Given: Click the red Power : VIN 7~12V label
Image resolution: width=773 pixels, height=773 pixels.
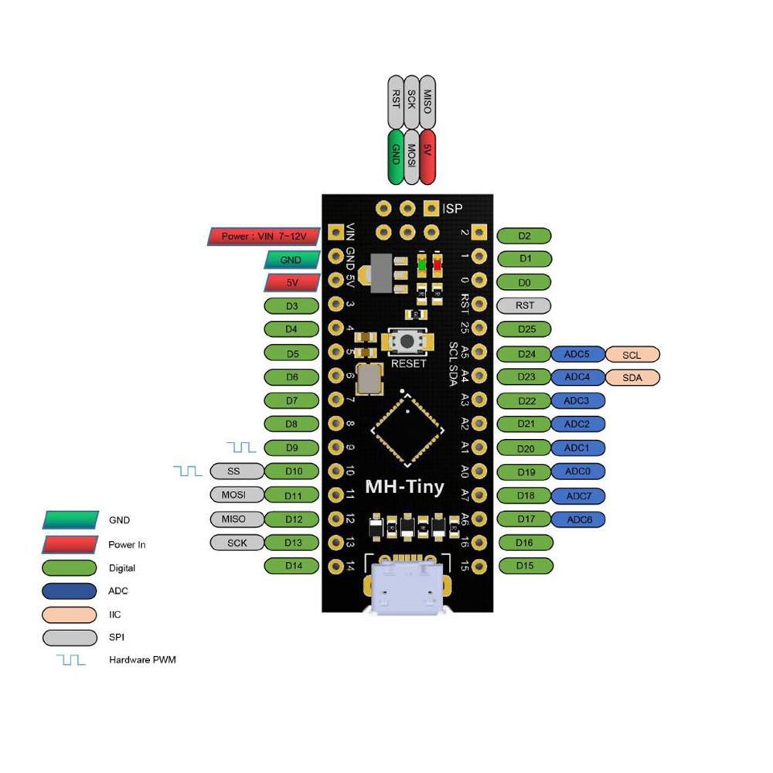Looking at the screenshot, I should coord(264,236).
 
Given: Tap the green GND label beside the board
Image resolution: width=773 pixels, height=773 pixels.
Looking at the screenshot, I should coord(292,260).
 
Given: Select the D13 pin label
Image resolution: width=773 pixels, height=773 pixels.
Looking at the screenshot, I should coord(292,543).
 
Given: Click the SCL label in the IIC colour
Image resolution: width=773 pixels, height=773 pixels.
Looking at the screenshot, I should coord(632,355).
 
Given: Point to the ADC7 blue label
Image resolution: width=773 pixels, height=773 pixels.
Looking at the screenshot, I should coord(578,495).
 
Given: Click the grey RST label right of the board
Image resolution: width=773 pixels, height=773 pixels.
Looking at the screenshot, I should coord(524,305).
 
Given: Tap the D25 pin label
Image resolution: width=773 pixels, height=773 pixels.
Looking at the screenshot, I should coord(524,329).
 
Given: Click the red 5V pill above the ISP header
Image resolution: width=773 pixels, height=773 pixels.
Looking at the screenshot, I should coord(427,156).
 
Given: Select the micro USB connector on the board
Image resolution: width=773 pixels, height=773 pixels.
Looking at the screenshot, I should coord(406,587).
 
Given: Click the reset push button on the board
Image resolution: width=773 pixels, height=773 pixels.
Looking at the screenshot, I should coord(407,340).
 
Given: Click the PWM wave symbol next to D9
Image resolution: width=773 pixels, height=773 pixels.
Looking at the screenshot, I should coord(241,448).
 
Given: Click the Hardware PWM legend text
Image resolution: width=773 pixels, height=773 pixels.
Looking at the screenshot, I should coord(143,660).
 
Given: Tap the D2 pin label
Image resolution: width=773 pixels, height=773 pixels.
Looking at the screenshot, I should coord(524,236).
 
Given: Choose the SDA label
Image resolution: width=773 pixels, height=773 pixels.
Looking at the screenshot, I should coord(632,378).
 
